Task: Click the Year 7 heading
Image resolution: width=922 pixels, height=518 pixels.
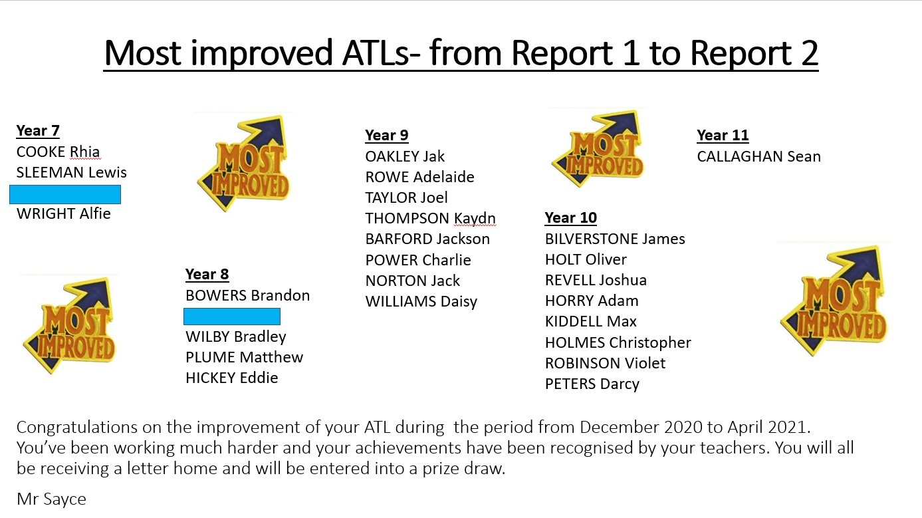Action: coord(38,130)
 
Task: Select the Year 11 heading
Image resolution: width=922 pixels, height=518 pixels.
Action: coord(723,135)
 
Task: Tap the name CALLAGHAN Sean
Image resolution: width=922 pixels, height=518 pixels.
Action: coord(759,156)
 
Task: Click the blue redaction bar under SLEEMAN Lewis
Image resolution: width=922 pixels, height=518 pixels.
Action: coord(65,194)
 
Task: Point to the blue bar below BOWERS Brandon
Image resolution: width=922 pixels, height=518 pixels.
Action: coord(232,317)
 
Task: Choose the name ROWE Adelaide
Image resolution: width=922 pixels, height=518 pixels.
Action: coord(420,177)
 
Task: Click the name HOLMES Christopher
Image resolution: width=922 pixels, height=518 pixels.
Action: coord(618,342)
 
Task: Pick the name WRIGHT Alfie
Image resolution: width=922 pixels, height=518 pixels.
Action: coord(63,213)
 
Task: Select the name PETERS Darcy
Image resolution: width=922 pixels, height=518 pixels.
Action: coord(592,384)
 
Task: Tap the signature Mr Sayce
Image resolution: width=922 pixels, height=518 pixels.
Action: coord(51,499)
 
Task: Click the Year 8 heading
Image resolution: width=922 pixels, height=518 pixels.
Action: coord(207,274)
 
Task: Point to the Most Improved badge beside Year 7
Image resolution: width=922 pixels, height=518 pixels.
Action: coord(244,163)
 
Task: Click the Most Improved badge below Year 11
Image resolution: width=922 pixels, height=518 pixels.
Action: coord(834,301)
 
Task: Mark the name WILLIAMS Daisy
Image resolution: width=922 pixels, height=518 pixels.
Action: coord(421,301)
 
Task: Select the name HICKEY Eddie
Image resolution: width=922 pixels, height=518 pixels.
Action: coord(232,378)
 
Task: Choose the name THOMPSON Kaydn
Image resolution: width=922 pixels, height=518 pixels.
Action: coord(431,218)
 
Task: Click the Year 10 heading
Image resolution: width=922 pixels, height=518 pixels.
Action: coord(571,218)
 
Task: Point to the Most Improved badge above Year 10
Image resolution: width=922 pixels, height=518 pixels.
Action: coord(598,148)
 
